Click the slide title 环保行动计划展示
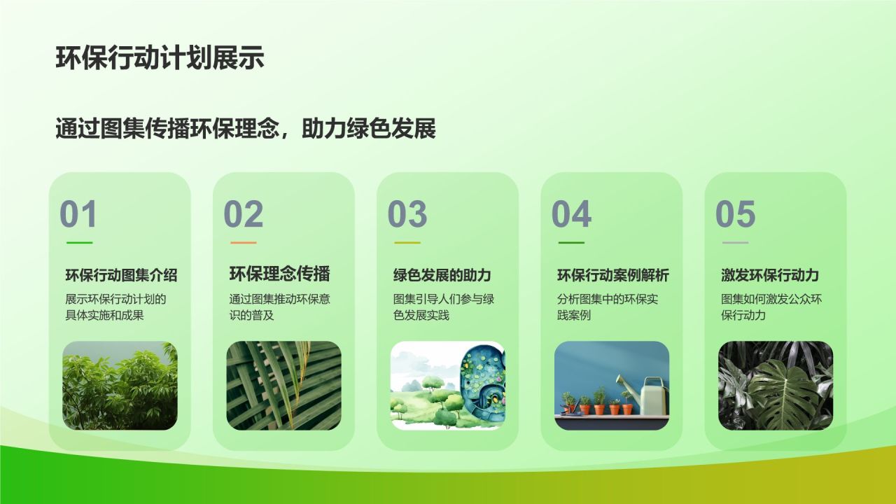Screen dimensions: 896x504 tap(160, 58)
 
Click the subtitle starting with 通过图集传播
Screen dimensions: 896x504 tap(245, 128)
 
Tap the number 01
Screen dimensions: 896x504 tap(78, 214)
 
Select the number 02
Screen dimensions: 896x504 tap(243, 214)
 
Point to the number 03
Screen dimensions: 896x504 tap(407, 214)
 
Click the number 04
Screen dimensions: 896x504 tap(571, 214)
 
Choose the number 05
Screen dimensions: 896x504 tap(735, 214)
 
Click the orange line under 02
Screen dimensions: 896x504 tap(244, 242)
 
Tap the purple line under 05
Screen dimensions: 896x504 tap(736, 242)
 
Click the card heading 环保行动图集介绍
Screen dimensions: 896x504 tap(121, 275)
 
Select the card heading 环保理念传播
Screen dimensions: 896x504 tap(279, 274)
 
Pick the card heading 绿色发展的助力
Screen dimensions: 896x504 tap(442, 275)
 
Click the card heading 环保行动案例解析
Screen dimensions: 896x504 tap(613, 275)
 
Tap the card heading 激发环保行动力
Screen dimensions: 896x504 tap(770, 275)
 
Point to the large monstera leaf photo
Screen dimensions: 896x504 tap(776, 386)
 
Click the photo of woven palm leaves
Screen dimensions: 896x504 tap(283, 386)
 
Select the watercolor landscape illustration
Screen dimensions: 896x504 tap(447, 386)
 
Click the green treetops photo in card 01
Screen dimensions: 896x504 tap(120, 386)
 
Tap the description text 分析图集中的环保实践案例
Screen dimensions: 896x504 tap(608, 307)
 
